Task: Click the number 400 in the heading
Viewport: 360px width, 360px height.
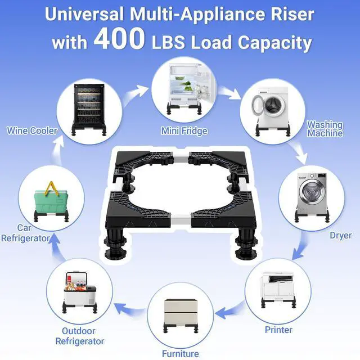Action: pyautogui.click(x=119, y=38)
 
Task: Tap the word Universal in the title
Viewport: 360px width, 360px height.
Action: pyautogui.click(x=84, y=14)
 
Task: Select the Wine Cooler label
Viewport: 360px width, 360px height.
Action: pyautogui.click(x=32, y=130)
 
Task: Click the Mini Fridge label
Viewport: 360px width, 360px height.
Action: pyautogui.click(x=184, y=131)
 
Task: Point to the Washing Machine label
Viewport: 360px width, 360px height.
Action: pyautogui.click(x=325, y=129)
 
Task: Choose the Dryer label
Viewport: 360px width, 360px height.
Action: pyautogui.click(x=340, y=235)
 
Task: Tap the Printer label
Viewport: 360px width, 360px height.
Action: pyautogui.click(x=278, y=330)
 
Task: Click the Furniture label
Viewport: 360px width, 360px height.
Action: pyautogui.click(x=181, y=354)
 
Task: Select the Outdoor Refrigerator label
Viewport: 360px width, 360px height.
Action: pyautogui.click(x=80, y=336)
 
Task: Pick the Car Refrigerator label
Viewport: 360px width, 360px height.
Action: pyautogui.click(x=25, y=233)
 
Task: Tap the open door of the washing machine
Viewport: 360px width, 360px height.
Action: pyautogui.click(x=259, y=106)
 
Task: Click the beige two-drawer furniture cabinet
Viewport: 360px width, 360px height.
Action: pyautogui.click(x=181, y=312)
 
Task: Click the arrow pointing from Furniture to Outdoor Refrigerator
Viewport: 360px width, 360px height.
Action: pyautogui.click(x=130, y=309)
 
